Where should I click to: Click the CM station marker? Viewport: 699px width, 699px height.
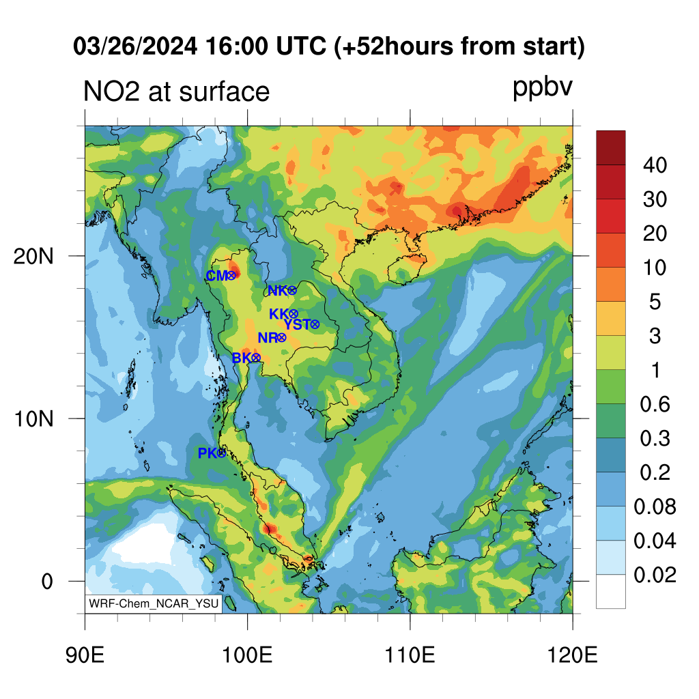pos(231,276)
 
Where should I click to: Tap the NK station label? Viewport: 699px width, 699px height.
pos(278,291)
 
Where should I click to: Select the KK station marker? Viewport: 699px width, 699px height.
pos(294,314)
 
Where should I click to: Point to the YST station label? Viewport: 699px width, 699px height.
pos(297,324)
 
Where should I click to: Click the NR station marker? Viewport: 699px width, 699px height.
pos(281,338)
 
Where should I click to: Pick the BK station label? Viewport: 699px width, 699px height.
pos(242,358)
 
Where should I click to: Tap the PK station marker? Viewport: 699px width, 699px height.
pos(221,453)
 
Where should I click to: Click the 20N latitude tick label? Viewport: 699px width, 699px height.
pos(33,257)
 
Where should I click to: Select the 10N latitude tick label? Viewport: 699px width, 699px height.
pos(33,419)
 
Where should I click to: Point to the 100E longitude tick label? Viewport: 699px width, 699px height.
pos(247,655)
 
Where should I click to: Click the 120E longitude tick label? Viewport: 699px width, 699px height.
pos(573,655)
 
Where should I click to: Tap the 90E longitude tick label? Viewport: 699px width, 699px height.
pos(85,655)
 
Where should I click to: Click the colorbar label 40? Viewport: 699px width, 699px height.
pos(655,165)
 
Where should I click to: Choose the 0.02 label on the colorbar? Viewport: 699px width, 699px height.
pos(655,575)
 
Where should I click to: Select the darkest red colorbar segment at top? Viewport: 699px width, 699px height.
pos(611,147)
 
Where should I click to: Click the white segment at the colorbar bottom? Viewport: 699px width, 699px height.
pos(611,591)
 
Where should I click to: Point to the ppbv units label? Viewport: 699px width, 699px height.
pos(542,88)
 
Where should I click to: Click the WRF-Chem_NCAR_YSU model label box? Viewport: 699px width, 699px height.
pos(154,603)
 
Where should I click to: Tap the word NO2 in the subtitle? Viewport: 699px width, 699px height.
pos(111,91)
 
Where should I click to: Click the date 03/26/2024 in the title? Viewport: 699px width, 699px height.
pos(135,46)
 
